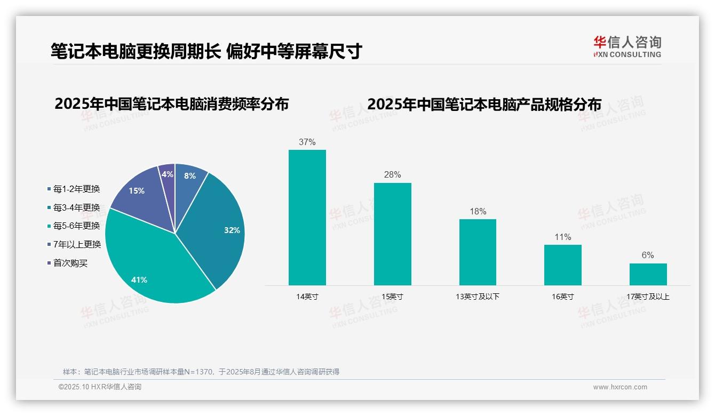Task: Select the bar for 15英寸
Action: (392, 234)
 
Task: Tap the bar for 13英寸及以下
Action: (478, 252)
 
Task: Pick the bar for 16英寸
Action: (562, 265)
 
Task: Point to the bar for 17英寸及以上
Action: (648, 274)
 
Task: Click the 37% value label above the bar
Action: (307, 142)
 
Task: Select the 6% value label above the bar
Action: (648, 255)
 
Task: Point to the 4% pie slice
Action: (168, 174)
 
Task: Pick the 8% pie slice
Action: (188, 177)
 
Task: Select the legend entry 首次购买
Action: (70, 263)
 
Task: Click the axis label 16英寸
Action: (562, 297)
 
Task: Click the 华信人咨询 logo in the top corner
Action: (627, 46)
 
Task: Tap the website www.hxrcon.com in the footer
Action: (620, 387)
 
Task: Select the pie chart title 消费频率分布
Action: (171, 104)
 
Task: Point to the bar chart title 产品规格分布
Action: (484, 104)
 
